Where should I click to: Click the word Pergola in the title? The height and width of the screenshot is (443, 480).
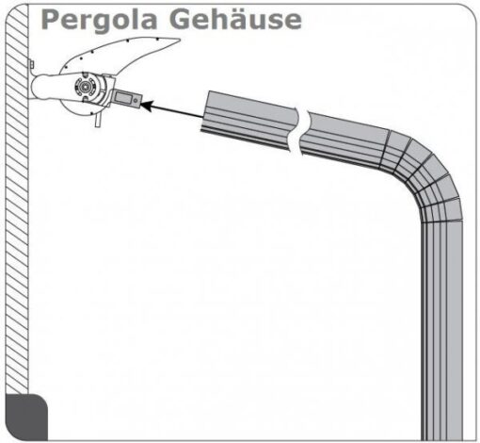pos(99,21)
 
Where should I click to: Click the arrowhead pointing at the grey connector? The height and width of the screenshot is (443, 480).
pos(147,106)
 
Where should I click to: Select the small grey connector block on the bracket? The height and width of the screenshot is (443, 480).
pos(127,99)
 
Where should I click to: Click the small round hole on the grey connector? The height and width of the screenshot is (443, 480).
pos(136,101)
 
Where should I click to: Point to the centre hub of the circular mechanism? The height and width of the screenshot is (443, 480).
pos(86,85)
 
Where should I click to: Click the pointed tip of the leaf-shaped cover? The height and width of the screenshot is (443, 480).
pos(179,40)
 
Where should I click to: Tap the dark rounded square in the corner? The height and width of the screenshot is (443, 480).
pos(26,417)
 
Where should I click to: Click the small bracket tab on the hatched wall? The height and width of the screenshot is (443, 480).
pos(32,64)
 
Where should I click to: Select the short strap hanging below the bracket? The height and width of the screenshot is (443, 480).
pos(98,121)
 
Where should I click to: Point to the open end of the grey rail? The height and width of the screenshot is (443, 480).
pos(205,111)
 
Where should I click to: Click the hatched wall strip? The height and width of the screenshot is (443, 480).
pos(17,198)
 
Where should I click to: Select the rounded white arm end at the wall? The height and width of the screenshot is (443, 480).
pos(40,87)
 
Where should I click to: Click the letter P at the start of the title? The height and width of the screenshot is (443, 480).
pos(50,20)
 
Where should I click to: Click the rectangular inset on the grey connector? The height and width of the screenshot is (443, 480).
pos(121,97)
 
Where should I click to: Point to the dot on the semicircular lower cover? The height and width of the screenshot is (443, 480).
pos(91,113)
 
